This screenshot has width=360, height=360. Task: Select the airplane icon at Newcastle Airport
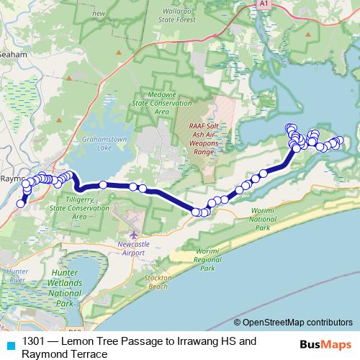pos(133,235)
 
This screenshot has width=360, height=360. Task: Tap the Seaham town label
pos(12,54)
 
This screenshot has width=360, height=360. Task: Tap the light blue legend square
pos(10,345)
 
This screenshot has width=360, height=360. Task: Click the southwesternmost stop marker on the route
pos(21,204)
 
